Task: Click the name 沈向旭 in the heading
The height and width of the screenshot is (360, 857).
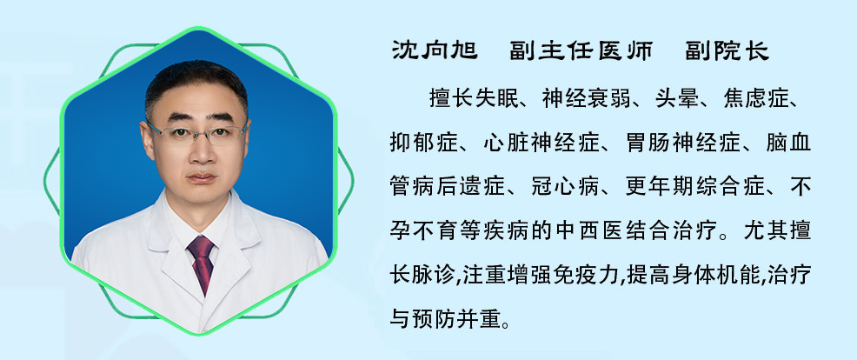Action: [x=435, y=51]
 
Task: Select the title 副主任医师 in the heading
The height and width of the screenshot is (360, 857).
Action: [x=581, y=51]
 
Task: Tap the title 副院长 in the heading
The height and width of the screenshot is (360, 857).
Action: [x=727, y=51]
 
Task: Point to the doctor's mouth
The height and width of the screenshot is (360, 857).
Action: [x=202, y=177]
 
